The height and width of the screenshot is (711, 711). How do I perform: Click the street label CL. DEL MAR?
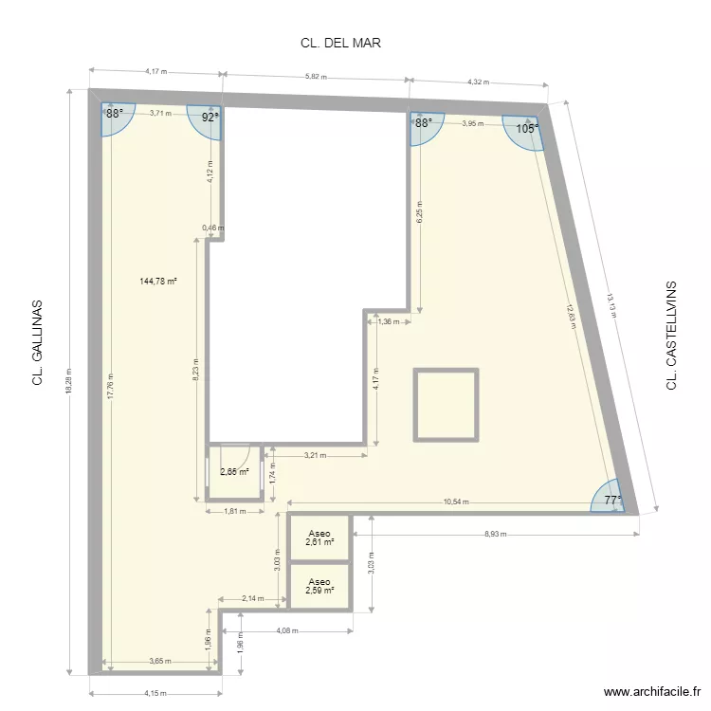[x=340, y=43]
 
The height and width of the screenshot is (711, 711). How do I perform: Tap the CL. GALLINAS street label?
[x=37, y=342]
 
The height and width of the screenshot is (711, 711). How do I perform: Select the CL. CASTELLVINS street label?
[x=671, y=335]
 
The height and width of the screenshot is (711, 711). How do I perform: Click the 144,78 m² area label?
[x=157, y=282]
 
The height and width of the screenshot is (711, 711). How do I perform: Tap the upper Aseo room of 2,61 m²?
[x=319, y=538]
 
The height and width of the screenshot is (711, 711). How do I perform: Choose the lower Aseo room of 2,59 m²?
[x=319, y=586]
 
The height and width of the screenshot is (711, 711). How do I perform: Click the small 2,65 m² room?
[x=234, y=471]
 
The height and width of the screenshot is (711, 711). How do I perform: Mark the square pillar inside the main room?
[x=447, y=405]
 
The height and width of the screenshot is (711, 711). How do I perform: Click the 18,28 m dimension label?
[x=69, y=380]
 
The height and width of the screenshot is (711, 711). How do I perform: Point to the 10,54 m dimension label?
[x=456, y=501]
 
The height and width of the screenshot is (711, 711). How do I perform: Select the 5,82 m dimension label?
[x=316, y=77]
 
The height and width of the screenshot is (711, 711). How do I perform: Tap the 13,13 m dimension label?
[x=611, y=305]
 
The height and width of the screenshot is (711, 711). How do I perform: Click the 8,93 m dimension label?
[x=496, y=534]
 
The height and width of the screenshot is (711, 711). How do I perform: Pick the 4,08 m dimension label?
[x=287, y=630]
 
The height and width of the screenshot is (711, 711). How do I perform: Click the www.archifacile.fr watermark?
[x=652, y=691]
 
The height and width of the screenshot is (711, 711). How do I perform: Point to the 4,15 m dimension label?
[x=155, y=693]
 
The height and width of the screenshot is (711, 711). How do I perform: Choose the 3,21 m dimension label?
[x=315, y=455]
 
